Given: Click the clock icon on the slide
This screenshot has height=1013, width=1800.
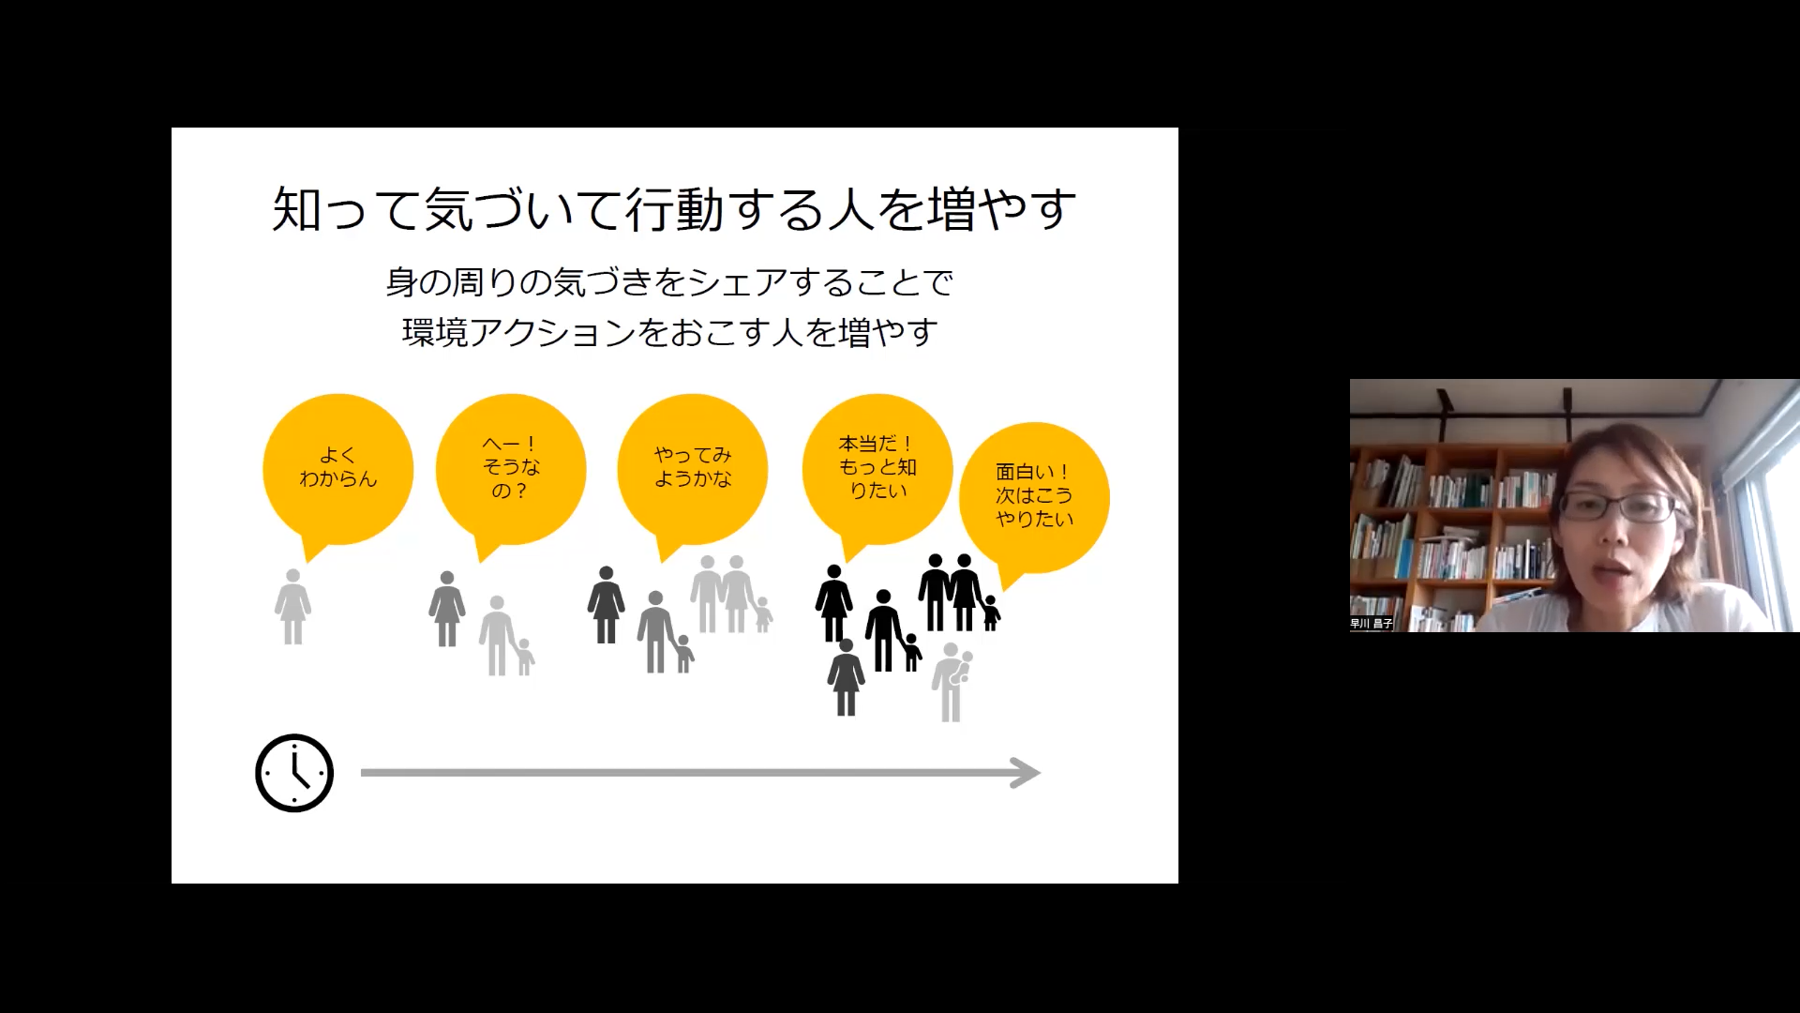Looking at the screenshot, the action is [x=294, y=773].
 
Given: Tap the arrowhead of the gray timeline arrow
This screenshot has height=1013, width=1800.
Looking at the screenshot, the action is [x=1027, y=773].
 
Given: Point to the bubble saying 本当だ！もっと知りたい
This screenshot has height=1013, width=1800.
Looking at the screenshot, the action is [x=877, y=472].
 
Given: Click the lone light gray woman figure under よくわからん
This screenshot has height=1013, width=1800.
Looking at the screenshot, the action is [x=293, y=606].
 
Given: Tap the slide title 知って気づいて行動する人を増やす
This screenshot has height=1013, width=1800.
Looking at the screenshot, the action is [x=674, y=209].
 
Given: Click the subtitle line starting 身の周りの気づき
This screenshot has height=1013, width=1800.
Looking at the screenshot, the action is [x=670, y=282].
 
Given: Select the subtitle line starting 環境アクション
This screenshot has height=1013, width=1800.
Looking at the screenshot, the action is [x=670, y=332].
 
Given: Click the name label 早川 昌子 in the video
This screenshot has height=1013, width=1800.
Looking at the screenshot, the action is [x=1372, y=624].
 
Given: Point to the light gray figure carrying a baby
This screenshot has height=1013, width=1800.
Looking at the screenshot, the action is [x=952, y=682].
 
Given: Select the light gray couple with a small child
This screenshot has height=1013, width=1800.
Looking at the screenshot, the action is [x=732, y=594].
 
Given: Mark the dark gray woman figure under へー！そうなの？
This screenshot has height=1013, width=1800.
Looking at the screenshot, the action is [x=447, y=609].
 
